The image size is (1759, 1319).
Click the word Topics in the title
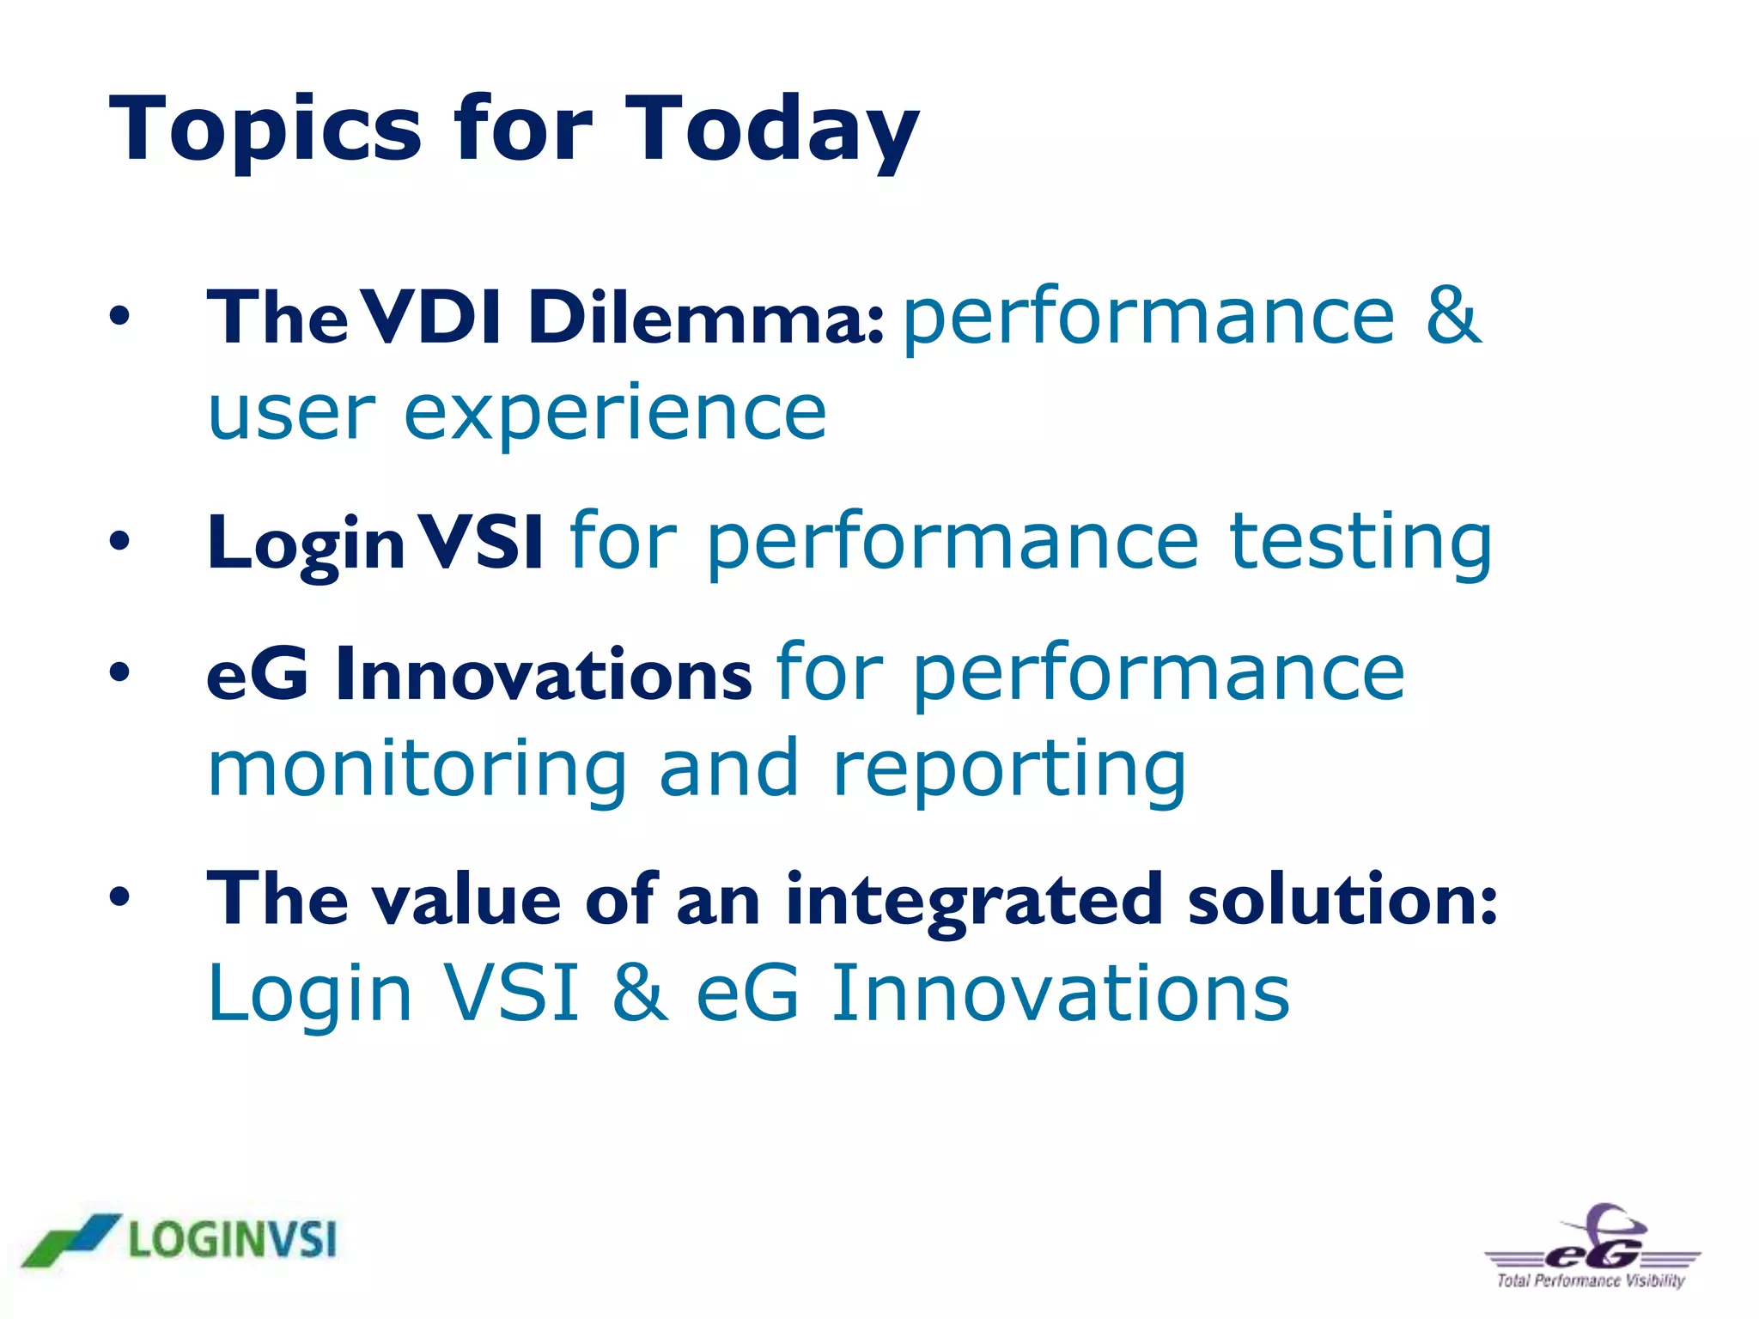[x=265, y=131]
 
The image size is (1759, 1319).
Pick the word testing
[x=1360, y=543]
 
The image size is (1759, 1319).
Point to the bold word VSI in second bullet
[x=484, y=543]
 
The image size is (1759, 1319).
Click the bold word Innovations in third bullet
[x=544, y=675]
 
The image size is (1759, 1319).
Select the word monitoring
[x=417, y=769]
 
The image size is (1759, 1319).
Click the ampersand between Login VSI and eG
[x=640, y=994]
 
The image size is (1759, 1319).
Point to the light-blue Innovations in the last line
[x=1061, y=994]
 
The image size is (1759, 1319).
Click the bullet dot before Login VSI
[x=119, y=542]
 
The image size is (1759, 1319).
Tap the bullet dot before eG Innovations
[x=119, y=673]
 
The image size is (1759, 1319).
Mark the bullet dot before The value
[x=119, y=898]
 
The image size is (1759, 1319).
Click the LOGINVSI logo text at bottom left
[x=232, y=1240]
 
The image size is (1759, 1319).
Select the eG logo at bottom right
[x=1593, y=1241]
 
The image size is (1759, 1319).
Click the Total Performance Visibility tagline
[x=1591, y=1281]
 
